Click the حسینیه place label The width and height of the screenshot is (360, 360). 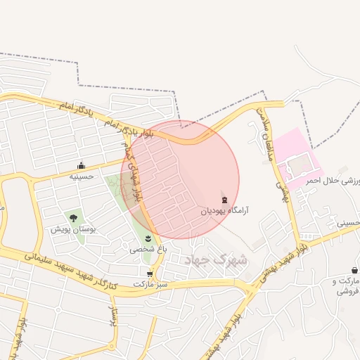[x=81, y=177]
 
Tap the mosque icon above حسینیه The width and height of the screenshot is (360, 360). [x=81, y=167]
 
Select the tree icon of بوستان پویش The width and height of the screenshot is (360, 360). [x=72, y=218]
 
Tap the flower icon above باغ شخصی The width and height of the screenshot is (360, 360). [x=148, y=239]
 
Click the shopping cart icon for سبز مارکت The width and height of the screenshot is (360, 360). [x=150, y=274]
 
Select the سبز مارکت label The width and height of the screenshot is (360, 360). [x=153, y=283]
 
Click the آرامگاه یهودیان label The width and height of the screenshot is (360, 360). [x=224, y=210]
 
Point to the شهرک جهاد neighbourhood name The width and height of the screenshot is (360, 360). [x=217, y=260]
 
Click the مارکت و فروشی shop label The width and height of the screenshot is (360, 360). [x=345, y=286]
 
